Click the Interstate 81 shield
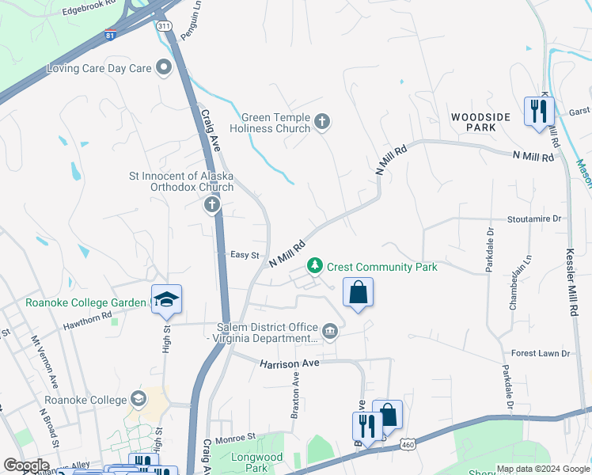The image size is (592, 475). click(109, 36)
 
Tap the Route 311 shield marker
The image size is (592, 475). click(164, 26)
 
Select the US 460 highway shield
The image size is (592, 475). click(408, 446)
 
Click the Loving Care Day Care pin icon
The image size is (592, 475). click(164, 68)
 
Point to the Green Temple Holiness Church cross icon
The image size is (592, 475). click(321, 122)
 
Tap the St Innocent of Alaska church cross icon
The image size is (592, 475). click(211, 206)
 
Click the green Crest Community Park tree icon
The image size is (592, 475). click(315, 265)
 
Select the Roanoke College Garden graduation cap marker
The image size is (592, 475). click(166, 298)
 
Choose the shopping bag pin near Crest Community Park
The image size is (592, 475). click(358, 291)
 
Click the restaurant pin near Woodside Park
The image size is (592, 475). click(538, 110)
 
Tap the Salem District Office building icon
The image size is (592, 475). click(330, 330)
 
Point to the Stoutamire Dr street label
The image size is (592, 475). click(533, 218)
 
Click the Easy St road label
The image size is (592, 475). click(245, 255)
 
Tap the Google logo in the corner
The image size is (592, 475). click(26, 465)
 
